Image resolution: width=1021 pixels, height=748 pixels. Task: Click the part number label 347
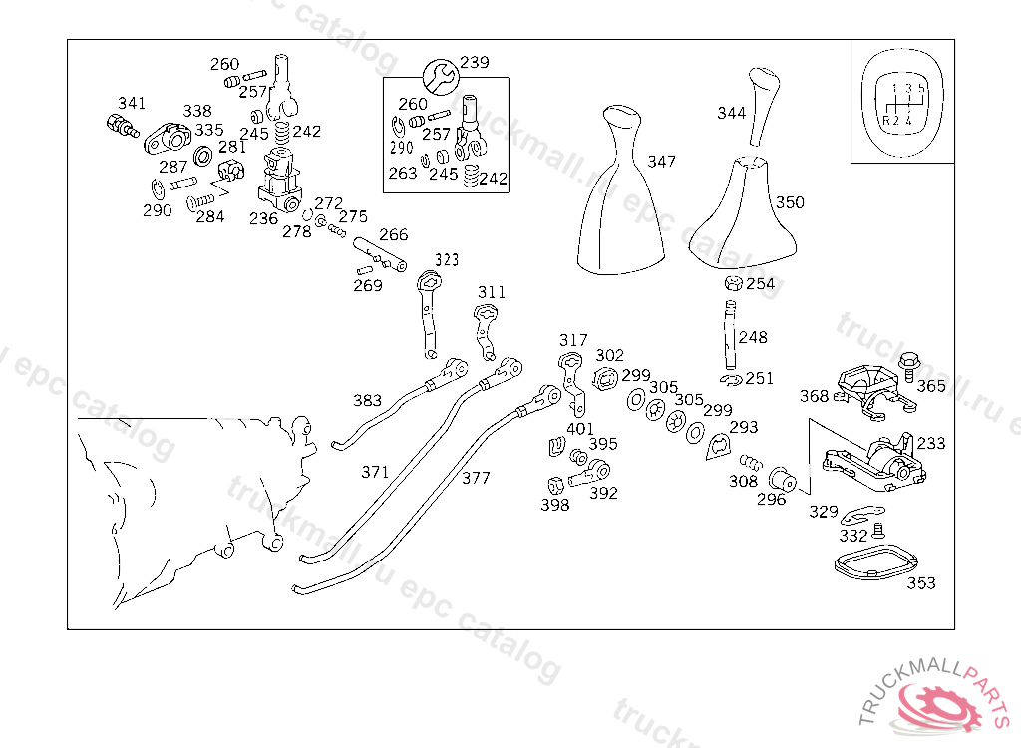coord(661,161)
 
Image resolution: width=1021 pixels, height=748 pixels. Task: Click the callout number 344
coord(731,113)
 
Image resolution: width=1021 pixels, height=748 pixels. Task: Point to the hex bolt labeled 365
coord(909,365)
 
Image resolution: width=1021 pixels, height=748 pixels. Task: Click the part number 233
coord(931,443)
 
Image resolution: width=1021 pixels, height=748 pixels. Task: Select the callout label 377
coord(476,478)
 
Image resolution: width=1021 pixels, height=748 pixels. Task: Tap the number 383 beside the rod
coord(367,401)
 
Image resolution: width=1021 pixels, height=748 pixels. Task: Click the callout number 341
coord(132,103)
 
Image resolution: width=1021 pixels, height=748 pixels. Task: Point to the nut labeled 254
coord(733,284)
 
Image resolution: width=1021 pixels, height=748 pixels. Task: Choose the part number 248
coord(753,337)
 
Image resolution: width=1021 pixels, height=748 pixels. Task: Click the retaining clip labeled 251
coord(732,378)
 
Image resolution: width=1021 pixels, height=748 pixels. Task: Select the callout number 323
coord(446,260)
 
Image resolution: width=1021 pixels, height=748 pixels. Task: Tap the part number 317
coord(573,340)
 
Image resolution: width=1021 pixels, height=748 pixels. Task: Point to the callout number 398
coord(554,505)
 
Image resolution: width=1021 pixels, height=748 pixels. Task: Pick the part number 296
coord(771,499)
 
